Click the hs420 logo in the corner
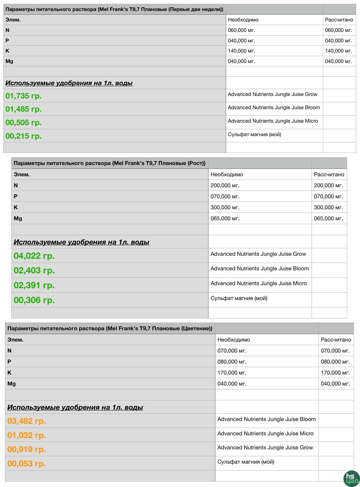(x=351, y=478)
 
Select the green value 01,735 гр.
(x=23, y=96)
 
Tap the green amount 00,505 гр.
(x=23, y=123)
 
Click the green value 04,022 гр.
(x=34, y=256)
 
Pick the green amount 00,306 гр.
(x=34, y=300)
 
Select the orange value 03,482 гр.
(x=26, y=421)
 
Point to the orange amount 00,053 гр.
(x=26, y=464)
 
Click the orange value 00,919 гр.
(x=26, y=449)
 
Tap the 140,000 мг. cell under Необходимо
(x=241, y=51)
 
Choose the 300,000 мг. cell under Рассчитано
(x=328, y=208)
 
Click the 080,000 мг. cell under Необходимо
(x=232, y=362)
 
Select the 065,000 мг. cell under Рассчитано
(x=328, y=219)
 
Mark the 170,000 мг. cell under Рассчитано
(x=335, y=373)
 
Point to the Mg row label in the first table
(x=9, y=61)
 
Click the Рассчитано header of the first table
(x=339, y=20)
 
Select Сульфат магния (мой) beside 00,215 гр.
(x=254, y=134)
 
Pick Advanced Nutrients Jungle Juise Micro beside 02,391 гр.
(x=259, y=284)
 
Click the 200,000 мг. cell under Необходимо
(x=225, y=186)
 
